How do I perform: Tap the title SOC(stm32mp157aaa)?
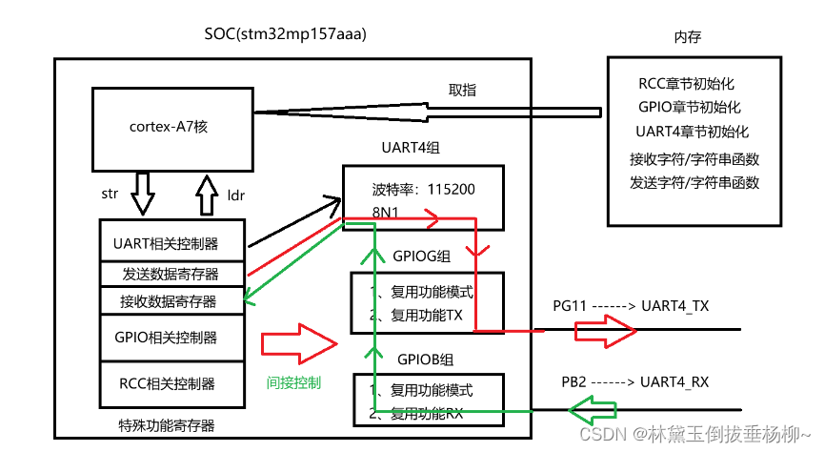point(286,34)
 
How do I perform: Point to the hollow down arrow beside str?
point(143,195)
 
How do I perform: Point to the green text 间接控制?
point(294,383)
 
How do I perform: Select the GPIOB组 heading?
point(424,360)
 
